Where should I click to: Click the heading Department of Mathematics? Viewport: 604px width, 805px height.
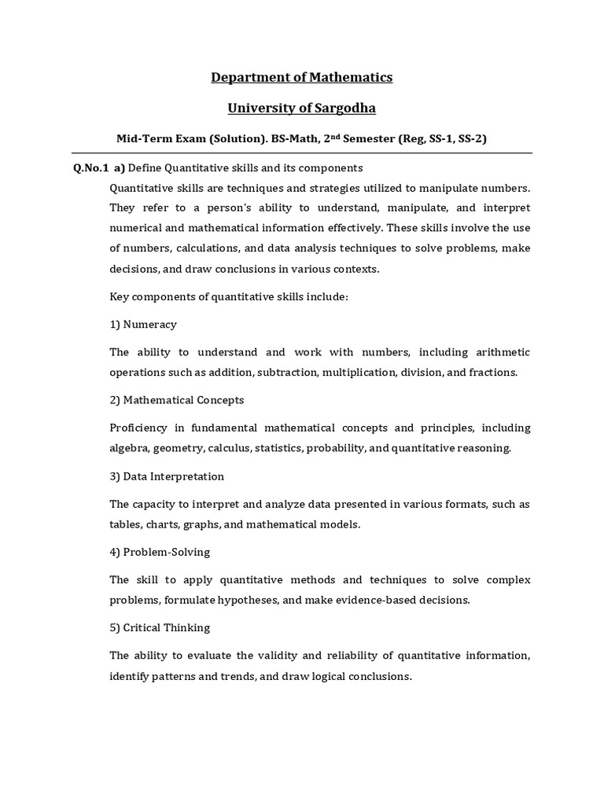click(302, 77)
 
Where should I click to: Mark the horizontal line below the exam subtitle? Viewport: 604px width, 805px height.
click(302, 153)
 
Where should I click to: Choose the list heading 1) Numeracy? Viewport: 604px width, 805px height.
click(143, 324)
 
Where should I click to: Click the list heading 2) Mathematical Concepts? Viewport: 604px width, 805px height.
click(177, 400)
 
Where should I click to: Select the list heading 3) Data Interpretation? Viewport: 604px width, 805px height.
click(167, 476)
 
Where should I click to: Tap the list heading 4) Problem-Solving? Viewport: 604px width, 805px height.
click(160, 552)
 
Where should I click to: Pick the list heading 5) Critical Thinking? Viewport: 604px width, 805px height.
click(160, 628)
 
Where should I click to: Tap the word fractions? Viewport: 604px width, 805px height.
click(492, 372)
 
